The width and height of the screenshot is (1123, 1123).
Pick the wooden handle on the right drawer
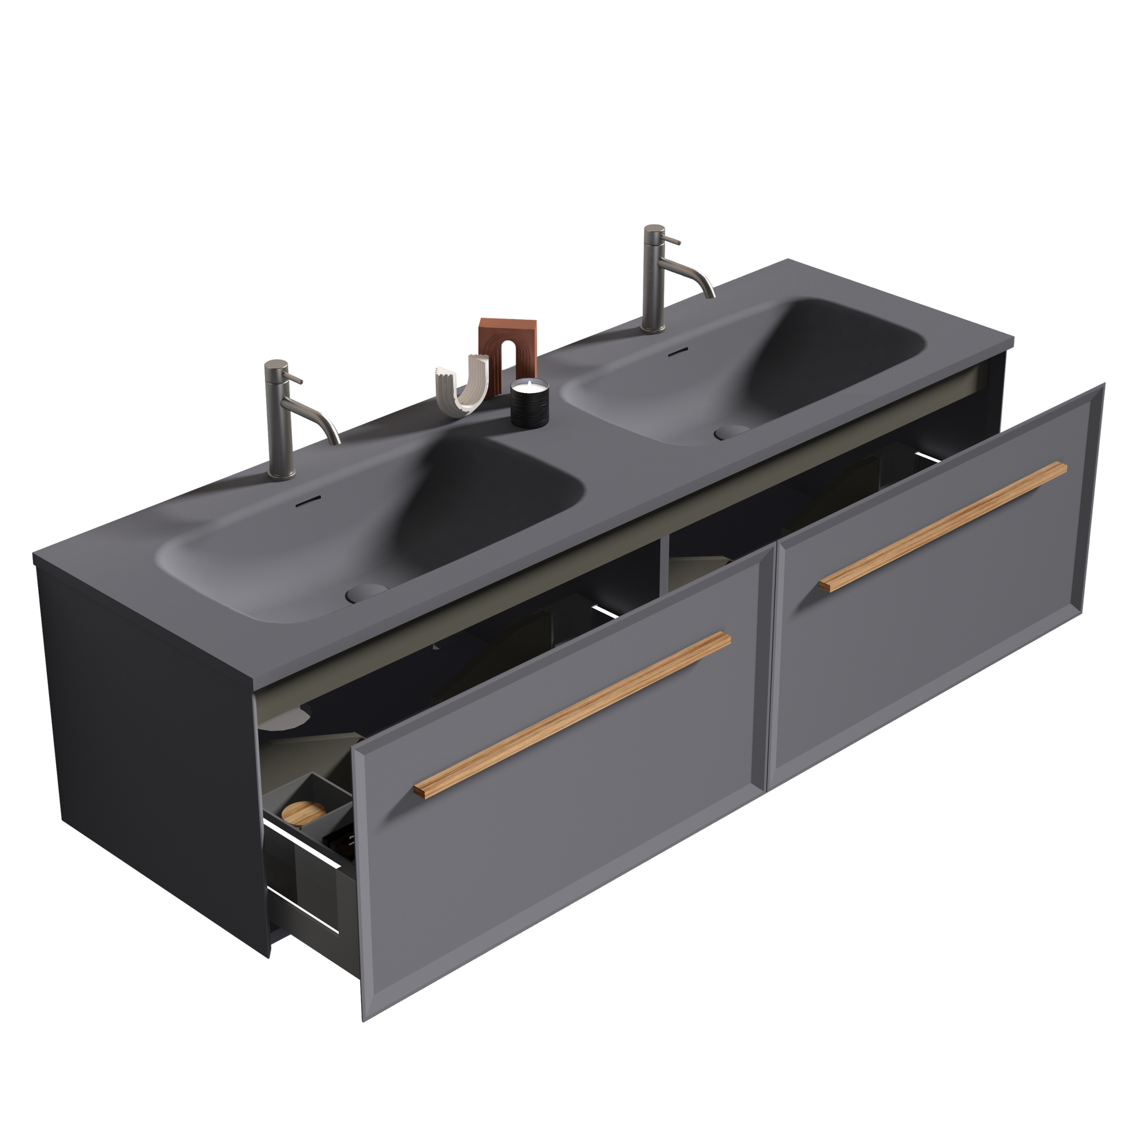click(942, 527)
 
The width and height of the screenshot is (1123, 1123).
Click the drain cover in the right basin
click(732, 431)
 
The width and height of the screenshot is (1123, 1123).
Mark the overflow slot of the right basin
click(676, 353)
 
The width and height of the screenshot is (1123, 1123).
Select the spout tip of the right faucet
click(710, 295)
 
